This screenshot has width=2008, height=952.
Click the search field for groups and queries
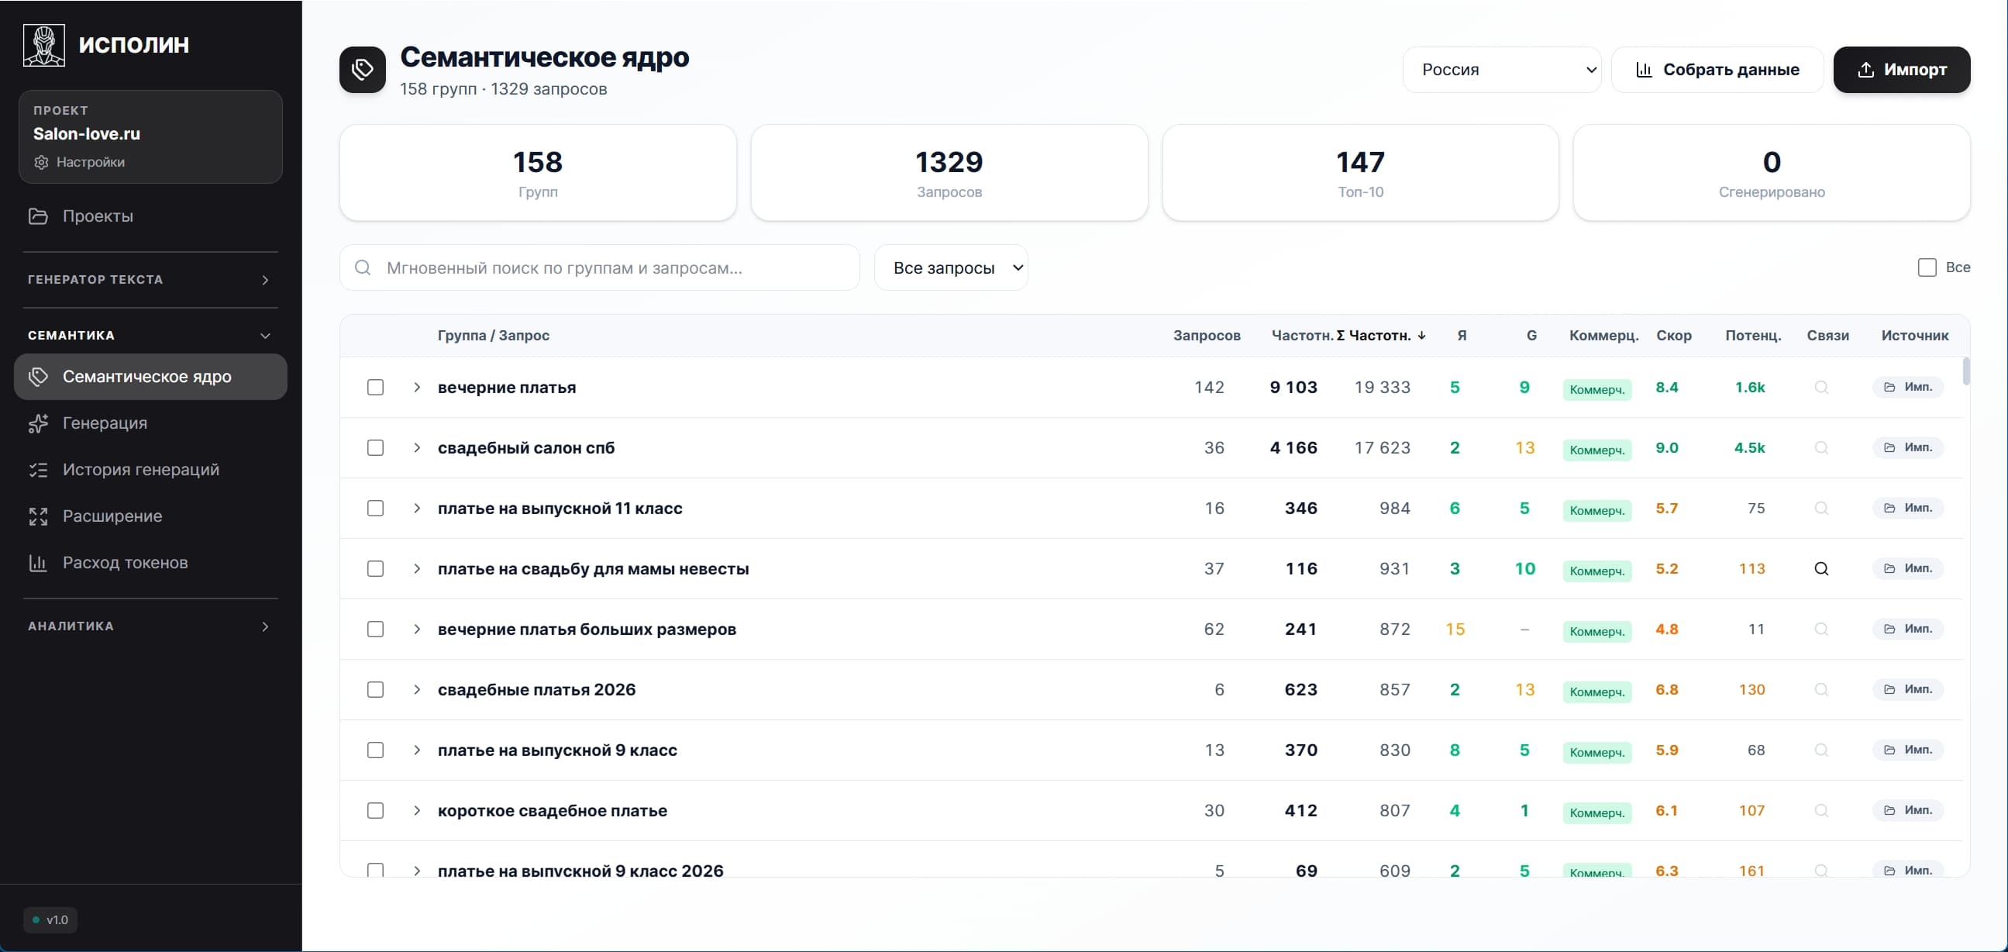click(x=600, y=267)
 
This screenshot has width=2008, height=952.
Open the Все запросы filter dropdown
click(x=950, y=267)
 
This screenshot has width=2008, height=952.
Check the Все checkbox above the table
click(x=1926, y=267)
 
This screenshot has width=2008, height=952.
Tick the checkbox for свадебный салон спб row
click(x=375, y=447)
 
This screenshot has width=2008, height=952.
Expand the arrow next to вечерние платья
click(x=417, y=388)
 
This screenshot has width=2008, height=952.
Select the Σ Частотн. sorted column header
click(x=1380, y=335)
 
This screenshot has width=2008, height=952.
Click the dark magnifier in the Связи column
click(x=1821, y=568)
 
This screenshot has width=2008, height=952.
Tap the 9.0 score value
click(x=1666, y=447)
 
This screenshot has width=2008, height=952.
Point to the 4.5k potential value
click(x=1749, y=447)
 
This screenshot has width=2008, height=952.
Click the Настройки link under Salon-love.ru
click(x=90, y=162)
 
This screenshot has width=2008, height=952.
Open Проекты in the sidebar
click(x=98, y=216)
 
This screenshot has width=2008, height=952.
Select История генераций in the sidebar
click(x=140, y=469)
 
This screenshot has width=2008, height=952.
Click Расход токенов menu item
click(x=125, y=562)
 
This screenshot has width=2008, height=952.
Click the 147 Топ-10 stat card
click(x=1359, y=172)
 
